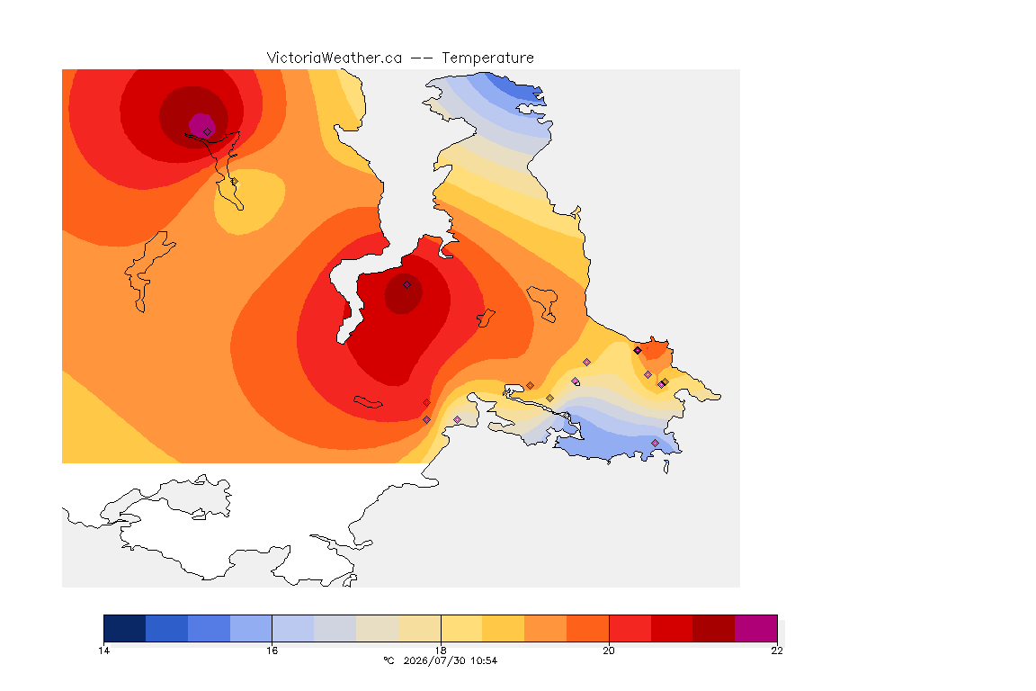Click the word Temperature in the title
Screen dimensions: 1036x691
(487, 58)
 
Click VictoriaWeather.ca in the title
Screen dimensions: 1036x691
(335, 58)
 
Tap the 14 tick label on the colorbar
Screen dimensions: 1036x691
(103, 651)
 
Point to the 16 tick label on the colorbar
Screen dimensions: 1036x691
(272, 651)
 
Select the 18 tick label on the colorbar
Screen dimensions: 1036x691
(441, 651)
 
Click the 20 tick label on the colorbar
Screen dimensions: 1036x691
(609, 651)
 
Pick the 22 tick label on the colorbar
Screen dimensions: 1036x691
(777, 651)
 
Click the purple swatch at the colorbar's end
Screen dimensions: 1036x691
(755, 628)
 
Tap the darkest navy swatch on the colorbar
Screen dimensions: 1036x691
(125, 628)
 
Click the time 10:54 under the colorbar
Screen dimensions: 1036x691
(483, 660)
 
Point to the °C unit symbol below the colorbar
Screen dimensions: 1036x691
(388, 660)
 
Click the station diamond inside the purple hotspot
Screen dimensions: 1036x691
(208, 132)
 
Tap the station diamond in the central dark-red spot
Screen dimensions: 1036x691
(407, 285)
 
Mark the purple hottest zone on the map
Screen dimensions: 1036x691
(201, 126)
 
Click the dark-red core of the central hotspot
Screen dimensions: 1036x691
(404, 293)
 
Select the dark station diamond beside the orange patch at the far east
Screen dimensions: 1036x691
(638, 351)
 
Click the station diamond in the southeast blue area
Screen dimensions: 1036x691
(655, 443)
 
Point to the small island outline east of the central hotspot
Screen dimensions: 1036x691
(487, 318)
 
